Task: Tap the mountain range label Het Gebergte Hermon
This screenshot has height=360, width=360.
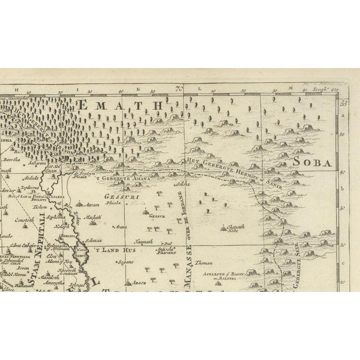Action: click(x=217, y=168)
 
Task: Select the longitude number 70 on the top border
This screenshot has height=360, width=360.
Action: click(x=179, y=88)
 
